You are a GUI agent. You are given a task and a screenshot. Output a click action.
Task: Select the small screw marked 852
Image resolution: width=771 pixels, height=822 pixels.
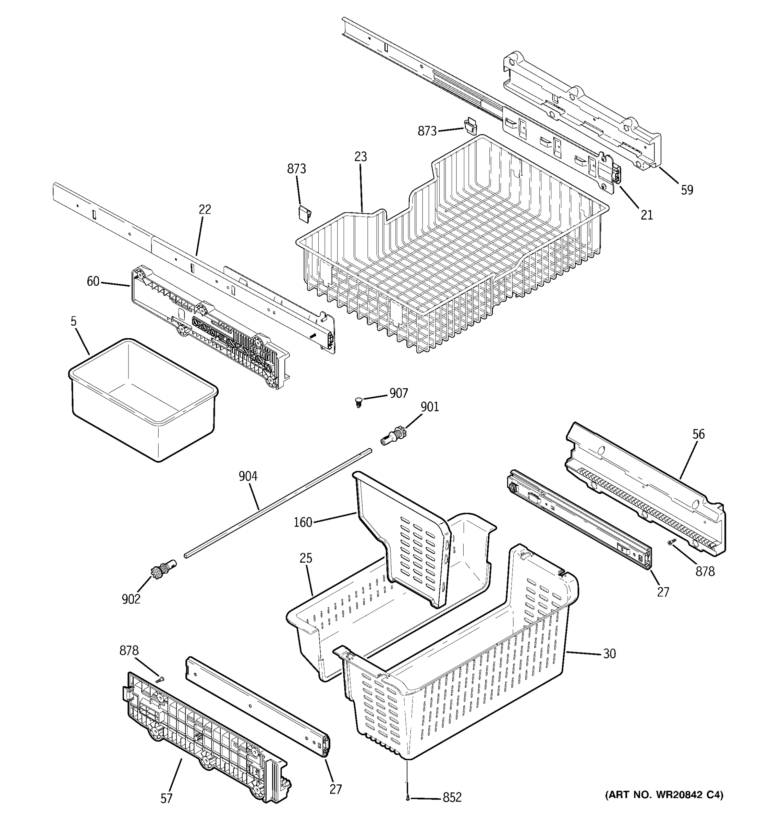click(408, 798)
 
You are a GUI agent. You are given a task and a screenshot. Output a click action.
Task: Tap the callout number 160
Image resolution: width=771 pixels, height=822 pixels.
click(303, 522)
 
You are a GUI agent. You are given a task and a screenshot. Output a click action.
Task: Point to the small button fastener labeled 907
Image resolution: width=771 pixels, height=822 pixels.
click(359, 401)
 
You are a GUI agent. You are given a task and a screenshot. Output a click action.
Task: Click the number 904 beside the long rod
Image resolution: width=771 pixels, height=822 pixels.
click(248, 476)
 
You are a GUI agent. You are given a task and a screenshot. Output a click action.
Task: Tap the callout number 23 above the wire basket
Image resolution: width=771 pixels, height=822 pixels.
click(360, 157)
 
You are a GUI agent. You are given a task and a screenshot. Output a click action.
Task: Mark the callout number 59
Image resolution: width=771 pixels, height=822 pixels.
click(687, 190)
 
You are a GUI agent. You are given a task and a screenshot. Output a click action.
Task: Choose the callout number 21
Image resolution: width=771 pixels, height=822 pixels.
click(647, 215)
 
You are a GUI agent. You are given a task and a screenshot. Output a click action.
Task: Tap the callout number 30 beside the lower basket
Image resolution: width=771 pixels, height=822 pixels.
click(609, 654)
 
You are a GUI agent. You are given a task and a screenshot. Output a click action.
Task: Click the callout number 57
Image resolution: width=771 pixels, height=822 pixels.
click(166, 798)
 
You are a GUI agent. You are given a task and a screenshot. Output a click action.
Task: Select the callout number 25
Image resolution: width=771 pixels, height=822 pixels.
click(306, 558)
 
